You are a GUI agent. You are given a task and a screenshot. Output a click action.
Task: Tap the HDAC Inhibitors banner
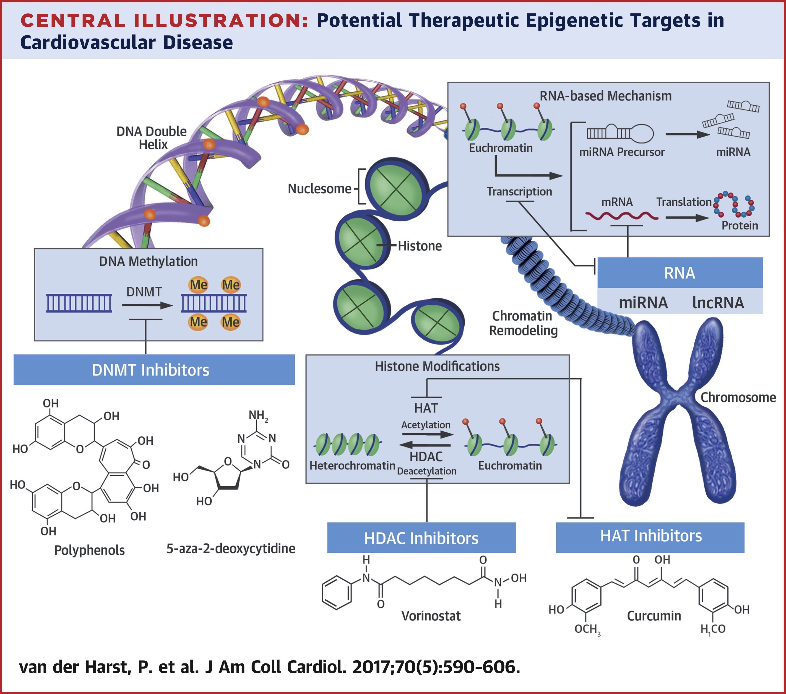(421, 538)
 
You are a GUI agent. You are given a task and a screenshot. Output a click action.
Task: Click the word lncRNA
(718, 303)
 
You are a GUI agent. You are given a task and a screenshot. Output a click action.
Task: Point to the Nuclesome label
(320, 189)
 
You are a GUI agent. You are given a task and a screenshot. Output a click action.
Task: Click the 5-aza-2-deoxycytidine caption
(231, 548)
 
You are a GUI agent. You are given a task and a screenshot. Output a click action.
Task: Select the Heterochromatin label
(352, 466)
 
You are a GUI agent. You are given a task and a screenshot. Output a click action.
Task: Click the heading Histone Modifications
(437, 366)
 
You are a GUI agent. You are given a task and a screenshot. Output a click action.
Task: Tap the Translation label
(684, 202)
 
